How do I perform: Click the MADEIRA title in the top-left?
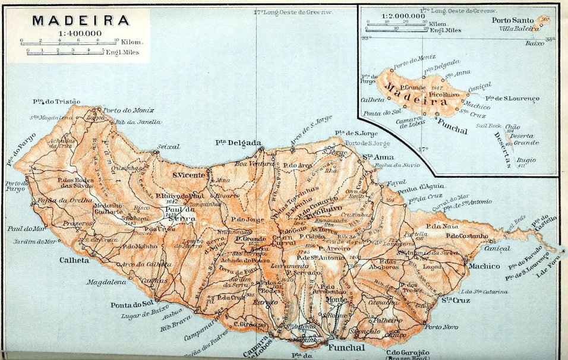(81, 20)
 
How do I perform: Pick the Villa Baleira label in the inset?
(515, 27)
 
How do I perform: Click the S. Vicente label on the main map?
(190, 175)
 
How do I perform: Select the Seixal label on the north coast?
(168, 146)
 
